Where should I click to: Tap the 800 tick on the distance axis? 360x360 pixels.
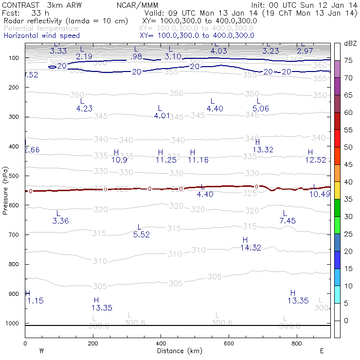(x=297, y=343)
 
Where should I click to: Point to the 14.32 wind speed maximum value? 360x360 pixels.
(x=251, y=248)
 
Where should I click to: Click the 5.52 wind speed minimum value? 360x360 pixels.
(x=141, y=234)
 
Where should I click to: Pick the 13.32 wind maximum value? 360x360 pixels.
(x=263, y=149)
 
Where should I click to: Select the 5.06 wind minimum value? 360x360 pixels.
(x=261, y=108)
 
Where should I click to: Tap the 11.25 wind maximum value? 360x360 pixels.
(x=166, y=160)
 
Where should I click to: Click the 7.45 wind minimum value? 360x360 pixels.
(x=288, y=221)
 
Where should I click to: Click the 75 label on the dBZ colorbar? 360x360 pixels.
(x=348, y=61)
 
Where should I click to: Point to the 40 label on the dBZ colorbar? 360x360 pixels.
(x=348, y=182)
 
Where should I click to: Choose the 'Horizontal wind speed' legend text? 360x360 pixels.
(x=42, y=36)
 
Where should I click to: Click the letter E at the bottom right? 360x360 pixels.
(x=322, y=351)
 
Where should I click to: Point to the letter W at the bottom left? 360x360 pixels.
(x=41, y=351)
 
